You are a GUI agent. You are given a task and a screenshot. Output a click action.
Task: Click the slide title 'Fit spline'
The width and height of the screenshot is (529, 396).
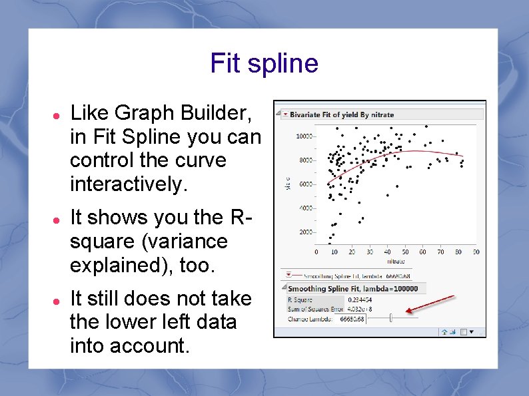tap(264, 64)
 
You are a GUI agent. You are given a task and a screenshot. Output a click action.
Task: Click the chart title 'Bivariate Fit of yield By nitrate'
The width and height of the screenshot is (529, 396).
tap(341, 114)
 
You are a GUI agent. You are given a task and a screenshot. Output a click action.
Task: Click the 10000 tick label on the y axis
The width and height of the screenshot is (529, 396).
tap(304, 136)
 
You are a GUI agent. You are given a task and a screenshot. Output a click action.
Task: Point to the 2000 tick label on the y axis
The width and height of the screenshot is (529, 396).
tap(306, 232)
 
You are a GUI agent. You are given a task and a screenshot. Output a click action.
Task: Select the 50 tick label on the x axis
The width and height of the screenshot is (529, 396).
tap(405, 252)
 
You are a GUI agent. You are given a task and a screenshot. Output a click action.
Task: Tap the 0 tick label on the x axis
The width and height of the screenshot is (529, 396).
tap(316, 252)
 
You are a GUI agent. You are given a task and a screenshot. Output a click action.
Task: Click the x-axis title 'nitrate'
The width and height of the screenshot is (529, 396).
tap(396, 261)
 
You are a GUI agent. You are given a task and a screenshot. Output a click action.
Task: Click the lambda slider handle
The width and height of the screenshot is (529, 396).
tap(391, 319)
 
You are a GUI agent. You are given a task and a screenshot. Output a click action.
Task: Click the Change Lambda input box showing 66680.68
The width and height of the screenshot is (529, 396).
tap(352, 319)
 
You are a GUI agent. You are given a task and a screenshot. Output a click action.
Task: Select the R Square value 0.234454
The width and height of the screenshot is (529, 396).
tap(360, 300)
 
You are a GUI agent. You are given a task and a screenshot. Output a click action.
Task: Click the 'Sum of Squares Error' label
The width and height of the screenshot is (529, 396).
tap(314, 309)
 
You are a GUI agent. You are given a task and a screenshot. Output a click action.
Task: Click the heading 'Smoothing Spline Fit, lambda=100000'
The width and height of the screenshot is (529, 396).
tap(352, 289)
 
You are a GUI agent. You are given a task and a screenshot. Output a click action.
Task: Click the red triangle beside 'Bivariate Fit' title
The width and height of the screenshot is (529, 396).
tap(285, 114)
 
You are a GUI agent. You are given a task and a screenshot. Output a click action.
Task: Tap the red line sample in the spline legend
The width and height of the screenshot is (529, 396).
tap(294, 276)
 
